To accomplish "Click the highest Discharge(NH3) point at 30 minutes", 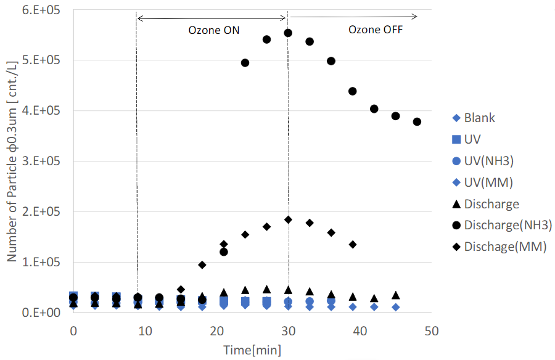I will point(288,33).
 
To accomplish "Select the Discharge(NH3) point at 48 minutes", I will point(417,121).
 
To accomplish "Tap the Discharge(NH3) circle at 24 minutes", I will point(245,63).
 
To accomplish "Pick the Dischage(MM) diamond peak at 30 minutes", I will point(288,219).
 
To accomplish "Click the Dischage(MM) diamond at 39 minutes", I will point(353,244).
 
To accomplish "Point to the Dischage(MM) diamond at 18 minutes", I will point(202,265).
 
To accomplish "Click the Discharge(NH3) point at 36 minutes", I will point(331,61).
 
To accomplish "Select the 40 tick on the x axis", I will point(360,331).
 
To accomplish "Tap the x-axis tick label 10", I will point(144,331).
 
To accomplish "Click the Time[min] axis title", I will point(252,350).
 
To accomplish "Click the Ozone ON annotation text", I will point(214,30).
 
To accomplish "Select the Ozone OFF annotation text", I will point(376,29).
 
